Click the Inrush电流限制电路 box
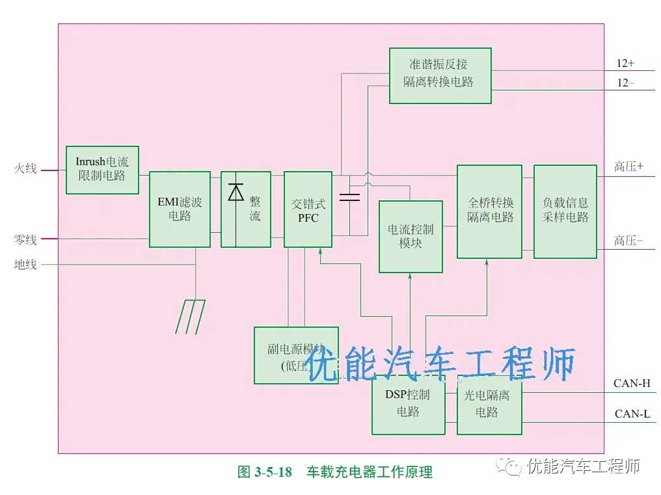point(102,170)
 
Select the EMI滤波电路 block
point(180,209)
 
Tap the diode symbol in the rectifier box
point(236,193)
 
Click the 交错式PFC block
point(308,209)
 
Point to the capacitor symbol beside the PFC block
point(349,197)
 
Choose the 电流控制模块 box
point(410,236)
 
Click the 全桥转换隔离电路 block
point(489,211)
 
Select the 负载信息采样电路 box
point(565,211)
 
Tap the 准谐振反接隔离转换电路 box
point(440,75)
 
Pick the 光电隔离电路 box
point(489,404)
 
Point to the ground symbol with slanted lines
point(190,317)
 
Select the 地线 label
point(25,265)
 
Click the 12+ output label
point(625,64)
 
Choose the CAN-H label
point(632,383)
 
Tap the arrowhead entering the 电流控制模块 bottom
point(410,276)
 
